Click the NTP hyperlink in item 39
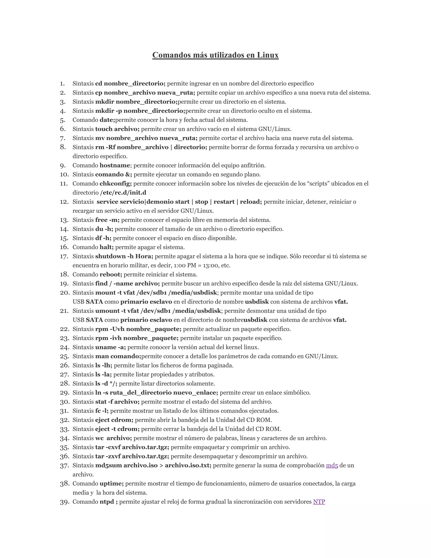pos(319,502)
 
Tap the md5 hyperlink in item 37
pos(332,465)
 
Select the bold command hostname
pos(115,165)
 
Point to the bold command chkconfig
pos(115,183)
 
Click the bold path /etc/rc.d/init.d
pos(123,193)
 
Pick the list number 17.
pos(64,256)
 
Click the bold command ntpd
pos(107,502)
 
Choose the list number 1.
pos(62,84)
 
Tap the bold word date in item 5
pos(107,120)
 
